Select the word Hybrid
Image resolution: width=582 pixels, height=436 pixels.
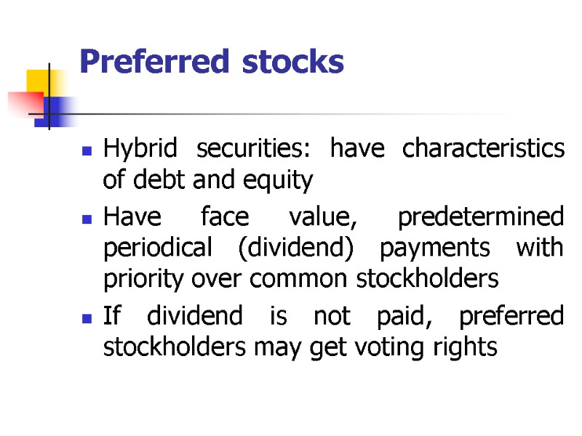point(140,150)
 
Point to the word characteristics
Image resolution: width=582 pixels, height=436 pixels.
point(483,148)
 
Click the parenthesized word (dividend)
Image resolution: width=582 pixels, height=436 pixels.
point(300,249)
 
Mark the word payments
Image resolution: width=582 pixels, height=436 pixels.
point(446,249)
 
